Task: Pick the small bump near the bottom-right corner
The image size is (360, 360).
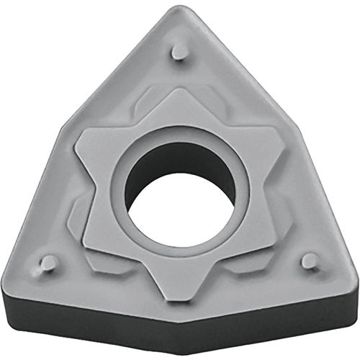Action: pyautogui.click(x=310, y=261)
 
